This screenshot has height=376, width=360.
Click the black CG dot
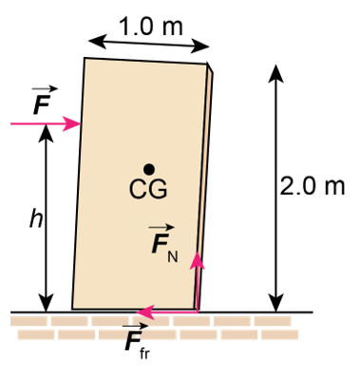[149, 169]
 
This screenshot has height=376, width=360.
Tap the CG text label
[148, 189]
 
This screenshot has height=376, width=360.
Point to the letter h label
[36, 218]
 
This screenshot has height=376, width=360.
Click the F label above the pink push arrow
[43, 101]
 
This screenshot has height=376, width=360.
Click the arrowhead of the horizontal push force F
[72, 123]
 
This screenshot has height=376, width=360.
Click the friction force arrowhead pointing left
[145, 312]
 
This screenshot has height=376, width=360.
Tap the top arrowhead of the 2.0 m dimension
[275, 73]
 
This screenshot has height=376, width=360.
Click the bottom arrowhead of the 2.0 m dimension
[275, 303]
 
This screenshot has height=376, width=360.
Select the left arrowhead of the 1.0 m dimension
[97, 42]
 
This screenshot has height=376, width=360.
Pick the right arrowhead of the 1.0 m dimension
[200, 47]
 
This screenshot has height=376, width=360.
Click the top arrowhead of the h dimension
[47, 133]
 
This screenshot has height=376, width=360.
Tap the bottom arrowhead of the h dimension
[47, 303]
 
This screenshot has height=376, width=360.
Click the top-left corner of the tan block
[85, 58]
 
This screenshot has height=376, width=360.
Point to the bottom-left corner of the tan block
[72, 309]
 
